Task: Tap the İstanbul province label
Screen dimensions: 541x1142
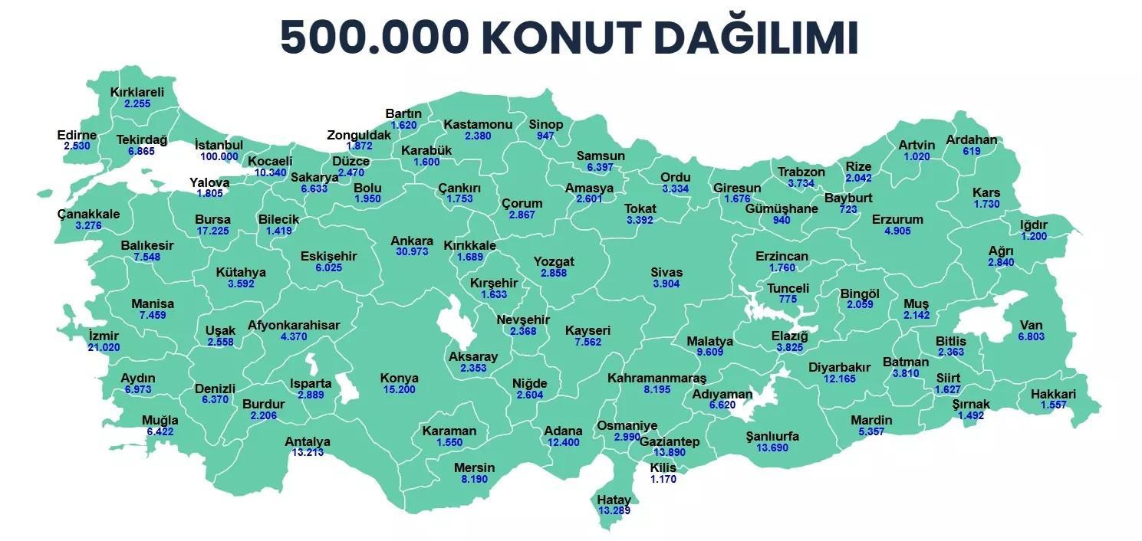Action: click(x=219, y=145)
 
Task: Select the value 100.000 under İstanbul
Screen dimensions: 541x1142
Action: click(x=219, y=156)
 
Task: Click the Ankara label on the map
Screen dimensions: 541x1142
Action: click(x=412, y=241)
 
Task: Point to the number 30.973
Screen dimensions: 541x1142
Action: click(x=412, y=251)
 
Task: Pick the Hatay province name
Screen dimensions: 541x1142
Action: click(x=614, y=500)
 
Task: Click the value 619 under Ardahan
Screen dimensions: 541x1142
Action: click(x=971, y=151)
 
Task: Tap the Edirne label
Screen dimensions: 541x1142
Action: click(x=77, y=136)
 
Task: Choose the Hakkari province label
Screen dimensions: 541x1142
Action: click(x=1054, y=394)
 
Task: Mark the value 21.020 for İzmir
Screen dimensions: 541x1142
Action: click(x=104, y=347)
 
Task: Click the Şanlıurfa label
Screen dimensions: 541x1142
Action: click(x=772, y=436)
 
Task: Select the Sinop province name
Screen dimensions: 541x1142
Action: click(x=546, y=124)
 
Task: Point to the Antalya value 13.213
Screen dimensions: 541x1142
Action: click(x=307, y=453)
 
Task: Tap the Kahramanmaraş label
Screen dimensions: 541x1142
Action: click(x=657, y=378)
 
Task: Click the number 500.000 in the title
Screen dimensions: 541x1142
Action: click(x=374, y=38)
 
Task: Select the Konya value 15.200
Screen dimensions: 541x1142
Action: click(x=400, y=389)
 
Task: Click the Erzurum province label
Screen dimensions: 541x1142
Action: click(x=897, y=219)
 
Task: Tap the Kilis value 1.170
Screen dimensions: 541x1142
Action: click(x=663, y=480)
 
